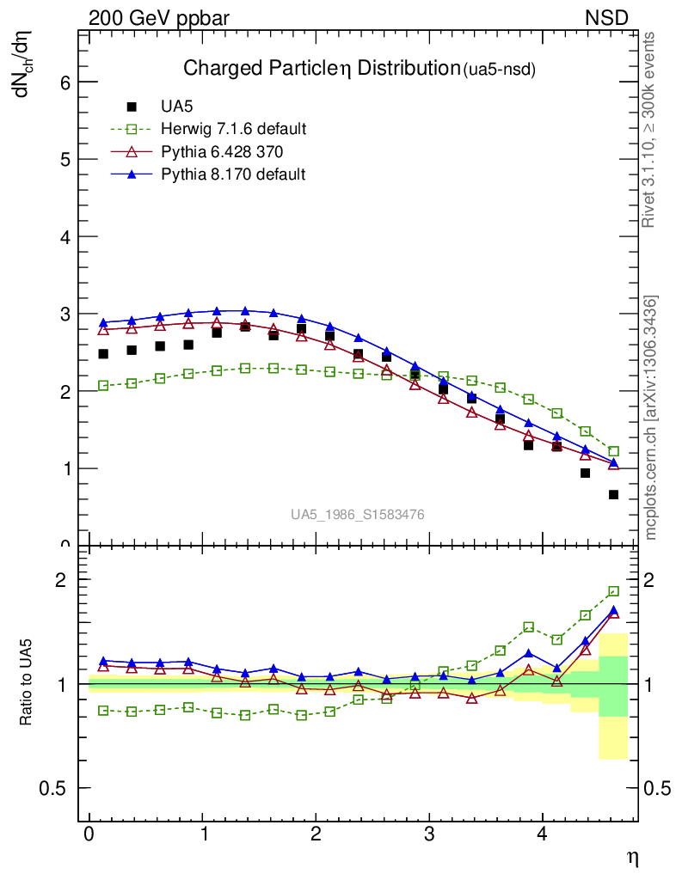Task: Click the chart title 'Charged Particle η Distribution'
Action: pyautogui.click(x=322, y=69)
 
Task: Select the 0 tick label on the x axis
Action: pyautogui.click(x=89, y=835)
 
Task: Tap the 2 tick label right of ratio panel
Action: pyautogui.click(x=657, y=579)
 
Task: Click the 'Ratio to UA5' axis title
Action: pyautogui.click(x=28, y=683)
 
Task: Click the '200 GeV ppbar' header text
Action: pyautogui.click(x=159, y=18)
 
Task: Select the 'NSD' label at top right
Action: pyautogui.click(x=606, y=18)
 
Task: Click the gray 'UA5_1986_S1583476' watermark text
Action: pyautogui.click(x=357, y=515)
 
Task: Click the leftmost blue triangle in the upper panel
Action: pyautogui.click(x=103, y=322)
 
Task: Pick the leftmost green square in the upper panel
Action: pyautogui.click(x=103, y=386)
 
